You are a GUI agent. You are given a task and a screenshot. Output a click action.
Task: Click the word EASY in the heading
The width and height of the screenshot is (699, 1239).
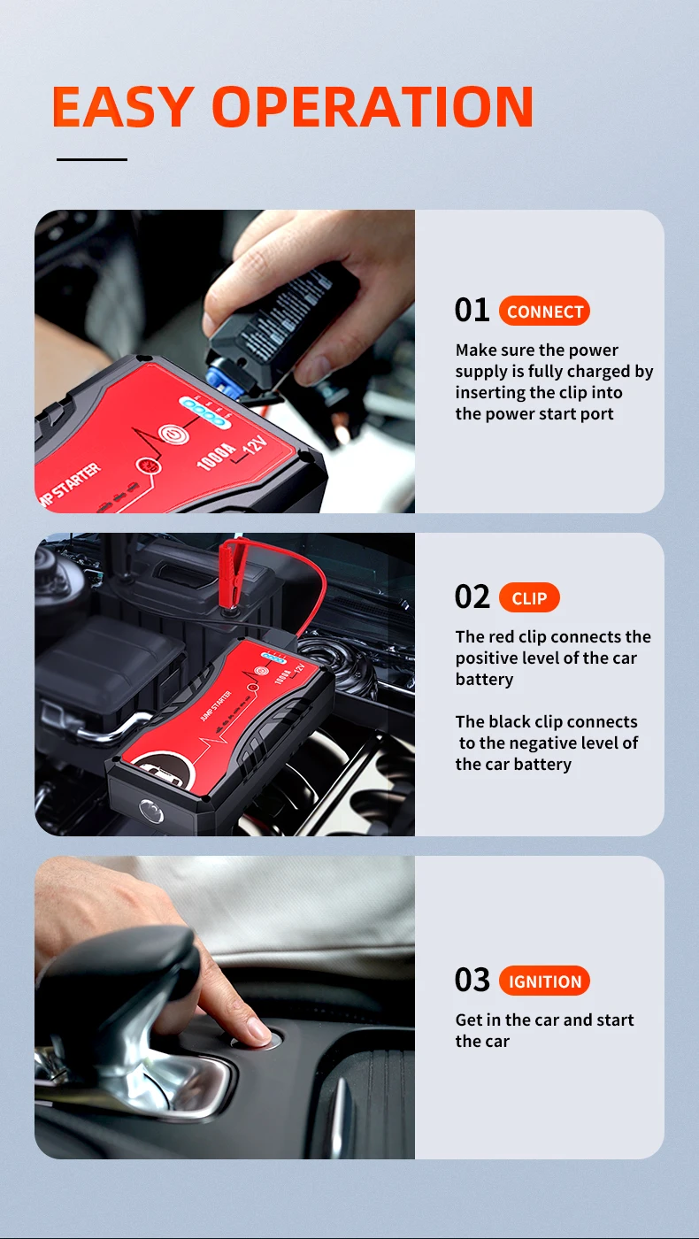123,106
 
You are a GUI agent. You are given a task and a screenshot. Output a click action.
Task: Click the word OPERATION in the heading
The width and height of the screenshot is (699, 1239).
373,106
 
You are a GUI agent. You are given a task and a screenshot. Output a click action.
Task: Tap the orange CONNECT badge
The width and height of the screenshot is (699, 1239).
544,311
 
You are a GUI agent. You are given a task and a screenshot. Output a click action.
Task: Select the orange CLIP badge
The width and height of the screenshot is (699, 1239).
529,597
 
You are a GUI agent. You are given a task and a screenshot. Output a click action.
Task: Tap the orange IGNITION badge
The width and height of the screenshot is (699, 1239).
544,981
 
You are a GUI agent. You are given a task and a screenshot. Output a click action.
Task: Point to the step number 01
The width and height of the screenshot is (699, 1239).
472,310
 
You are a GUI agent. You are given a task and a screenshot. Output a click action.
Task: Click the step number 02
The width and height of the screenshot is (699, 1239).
472,596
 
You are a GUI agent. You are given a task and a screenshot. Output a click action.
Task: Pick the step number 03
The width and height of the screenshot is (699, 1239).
472,981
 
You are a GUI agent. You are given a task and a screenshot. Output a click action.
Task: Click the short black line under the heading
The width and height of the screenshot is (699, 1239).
92,159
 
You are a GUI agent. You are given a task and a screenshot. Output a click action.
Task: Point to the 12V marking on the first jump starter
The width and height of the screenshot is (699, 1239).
257,443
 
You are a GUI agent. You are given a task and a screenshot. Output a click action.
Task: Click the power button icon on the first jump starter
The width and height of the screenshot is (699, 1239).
173,435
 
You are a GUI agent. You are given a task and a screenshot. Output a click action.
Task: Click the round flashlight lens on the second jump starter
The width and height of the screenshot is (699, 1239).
151,811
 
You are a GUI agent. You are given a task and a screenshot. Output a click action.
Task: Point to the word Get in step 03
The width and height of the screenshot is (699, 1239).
469,1020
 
